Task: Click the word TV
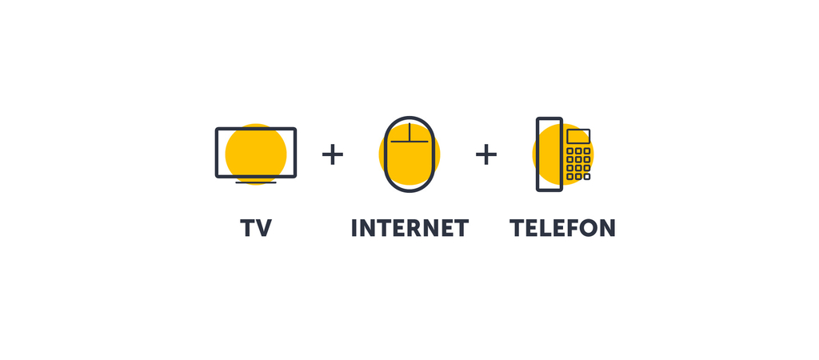pyautogui.click(x=256, y=228)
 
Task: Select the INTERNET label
pyautogui.click(x=410, y=228)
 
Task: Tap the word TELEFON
pyautogui.click(x=562, y=228)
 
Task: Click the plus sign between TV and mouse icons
pyautogui.click(x=333, y=154)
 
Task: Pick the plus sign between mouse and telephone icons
pyautogui.click(x=486, y=154)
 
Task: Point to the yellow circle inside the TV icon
pyautogui.click(x=256, y=154)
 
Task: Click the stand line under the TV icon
pyautogui.click(x=256, y=182)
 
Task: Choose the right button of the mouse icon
pyautogui.click(x=421, y=133)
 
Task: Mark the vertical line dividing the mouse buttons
pyautogui.click(x=409, y=132)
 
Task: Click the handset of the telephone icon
pyautogui.click(x=549, y=154)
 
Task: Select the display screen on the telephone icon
pyautogui.click(x=579, y=136)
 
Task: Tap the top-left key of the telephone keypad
pyautogui.click(x=569, y=151)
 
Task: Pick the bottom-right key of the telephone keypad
pyautogui.click(x=587, y=177)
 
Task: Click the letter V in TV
pyautogui.click(x=264, y=228)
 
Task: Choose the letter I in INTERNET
pyautogui.click(x=354, y=228)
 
